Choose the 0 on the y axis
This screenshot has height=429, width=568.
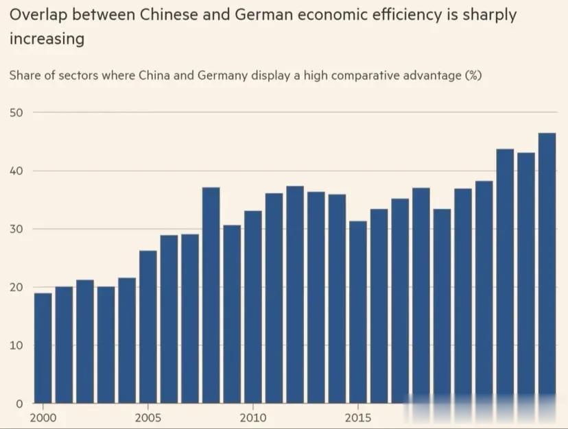[x=20, y=404]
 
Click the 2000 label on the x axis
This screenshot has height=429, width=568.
[x=43, y=417]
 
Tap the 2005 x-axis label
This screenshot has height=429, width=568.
[x=147, y=417]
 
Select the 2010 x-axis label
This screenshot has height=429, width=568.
[x=252, y=417]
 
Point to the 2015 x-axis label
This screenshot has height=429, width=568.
[x=357, y=417]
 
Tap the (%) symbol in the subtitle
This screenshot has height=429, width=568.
[x=473, y=75]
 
